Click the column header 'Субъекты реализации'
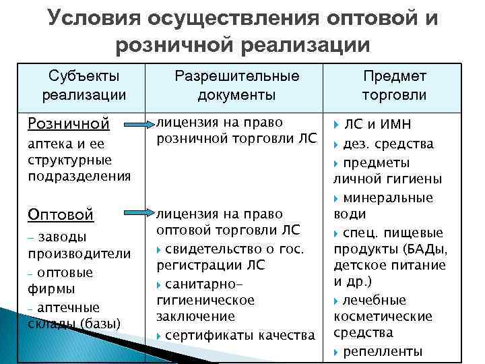84,86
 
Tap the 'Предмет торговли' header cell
394,86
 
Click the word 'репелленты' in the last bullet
383,351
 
